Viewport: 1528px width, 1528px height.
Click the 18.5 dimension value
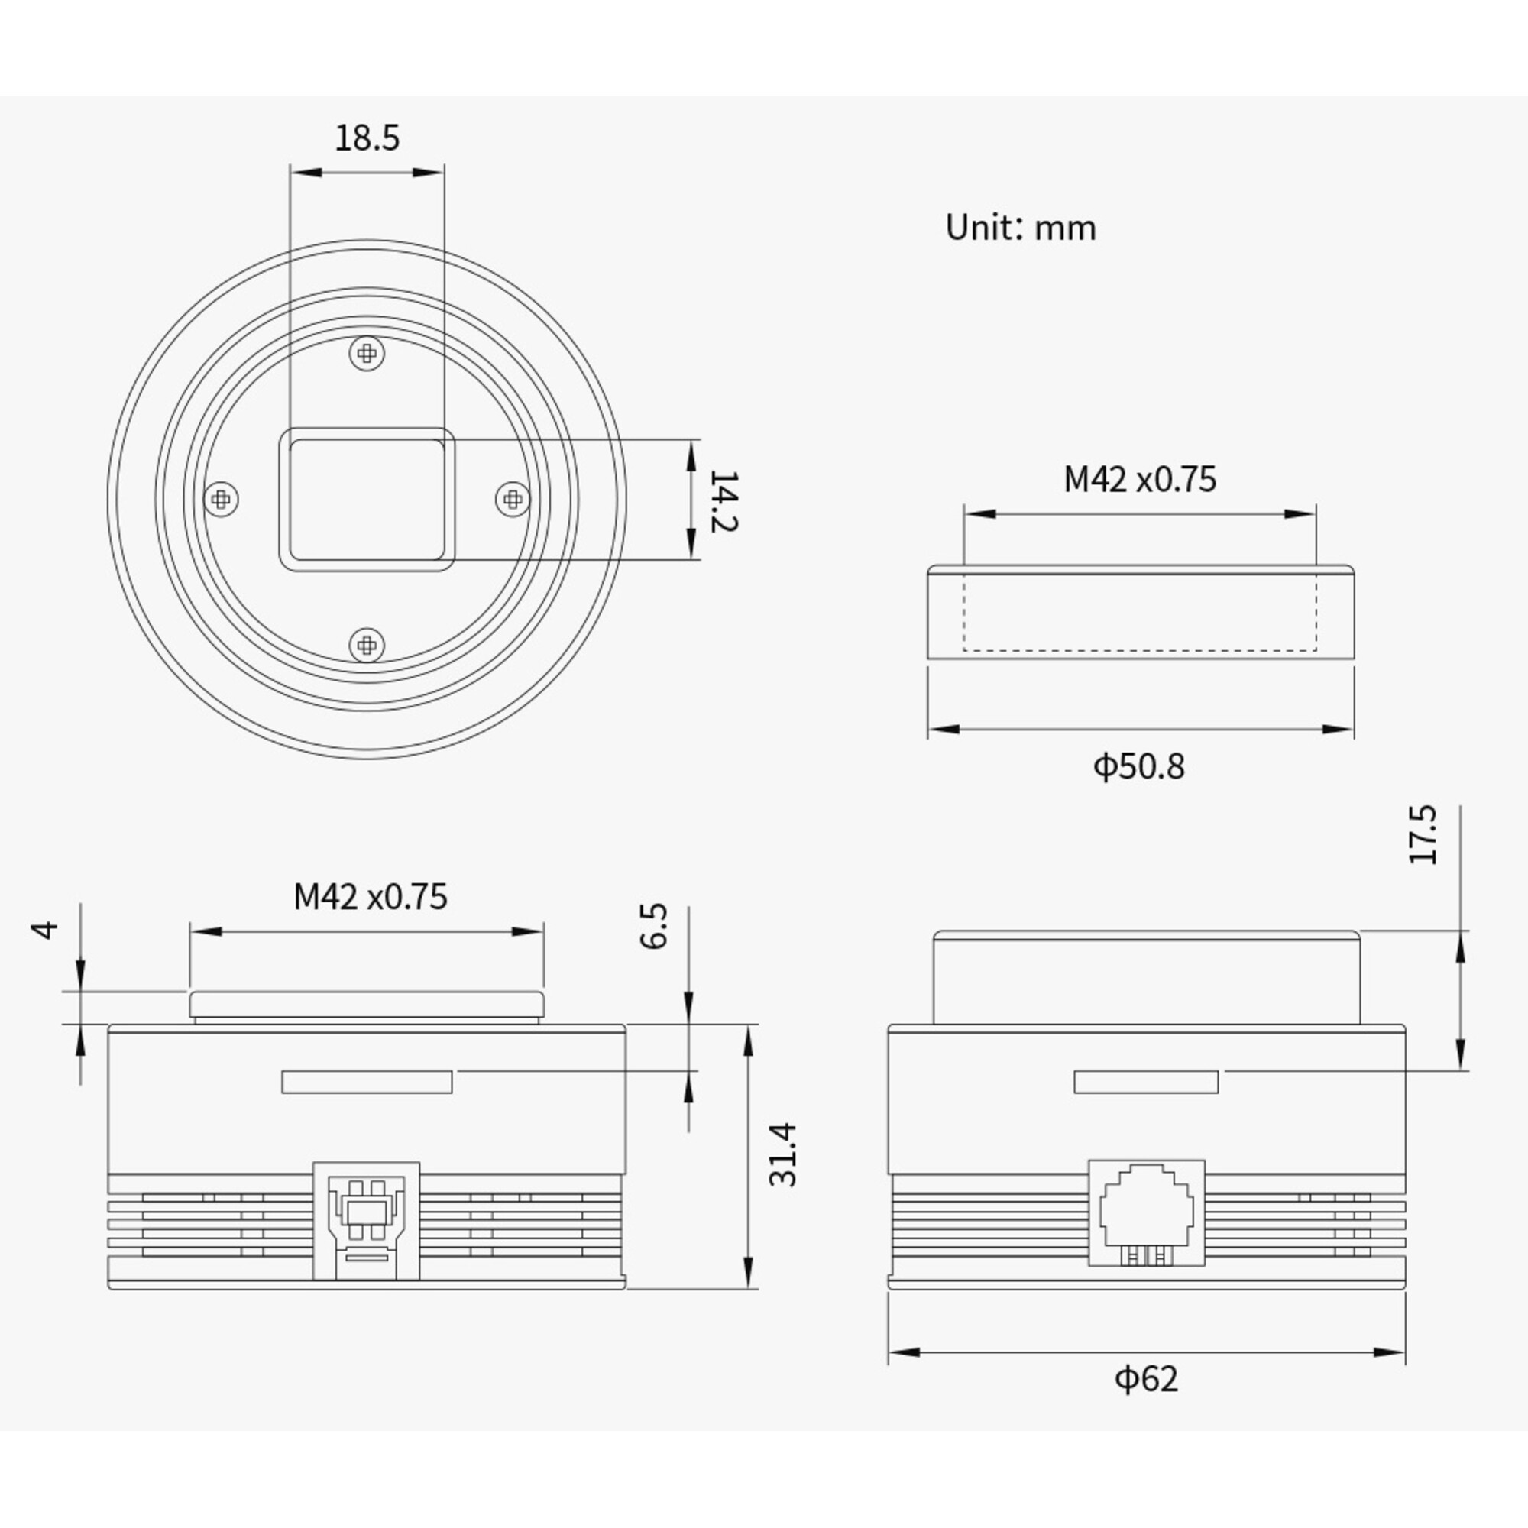click(367, 138)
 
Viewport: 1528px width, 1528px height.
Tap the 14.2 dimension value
click(724, 500)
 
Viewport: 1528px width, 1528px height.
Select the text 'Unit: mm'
click(1020, 228)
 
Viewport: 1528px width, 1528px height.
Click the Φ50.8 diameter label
click(1139, 766)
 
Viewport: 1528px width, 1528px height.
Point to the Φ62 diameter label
click(1146, 1378)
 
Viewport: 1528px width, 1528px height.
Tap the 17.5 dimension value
click(1423, 834)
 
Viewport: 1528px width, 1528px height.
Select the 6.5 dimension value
click(654, 926)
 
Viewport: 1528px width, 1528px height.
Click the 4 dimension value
click(47, 929)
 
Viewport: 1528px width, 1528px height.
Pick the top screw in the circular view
click(367, 353)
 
